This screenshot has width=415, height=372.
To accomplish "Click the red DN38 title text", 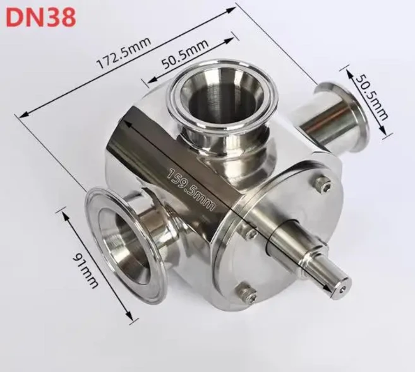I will pos(41,17).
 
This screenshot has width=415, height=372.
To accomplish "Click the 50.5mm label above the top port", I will pos(185,55).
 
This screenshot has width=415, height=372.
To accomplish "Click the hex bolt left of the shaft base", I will pos(251,235).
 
